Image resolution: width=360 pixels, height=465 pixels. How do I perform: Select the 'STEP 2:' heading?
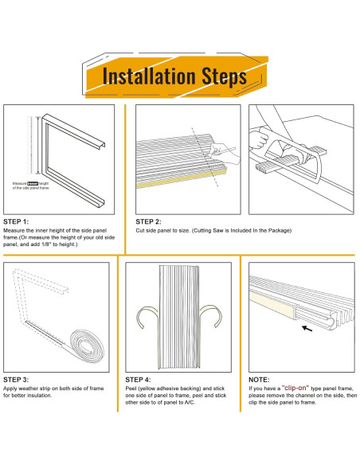149,221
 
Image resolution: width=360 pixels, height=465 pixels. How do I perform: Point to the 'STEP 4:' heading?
139,381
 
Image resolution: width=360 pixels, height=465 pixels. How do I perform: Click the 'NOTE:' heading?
260,380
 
